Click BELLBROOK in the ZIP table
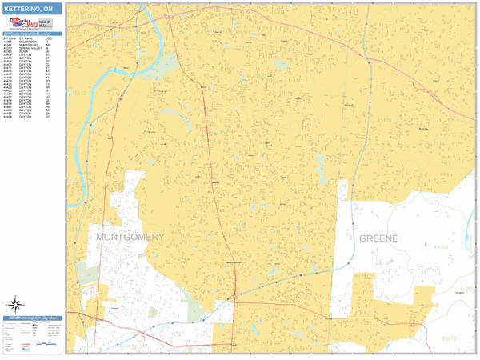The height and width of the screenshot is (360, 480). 25,40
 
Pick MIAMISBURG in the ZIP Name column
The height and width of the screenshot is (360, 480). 26,44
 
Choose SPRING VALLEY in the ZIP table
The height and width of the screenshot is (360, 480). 27,48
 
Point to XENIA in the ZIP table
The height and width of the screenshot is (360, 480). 22,52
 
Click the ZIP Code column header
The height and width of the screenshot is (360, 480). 9,37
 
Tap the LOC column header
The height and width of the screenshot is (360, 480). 49,37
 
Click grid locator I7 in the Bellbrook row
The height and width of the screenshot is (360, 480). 48,40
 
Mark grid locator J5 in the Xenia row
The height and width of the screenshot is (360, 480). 48,52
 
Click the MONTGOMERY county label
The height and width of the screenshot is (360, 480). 130,237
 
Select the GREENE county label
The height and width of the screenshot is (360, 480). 378,238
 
